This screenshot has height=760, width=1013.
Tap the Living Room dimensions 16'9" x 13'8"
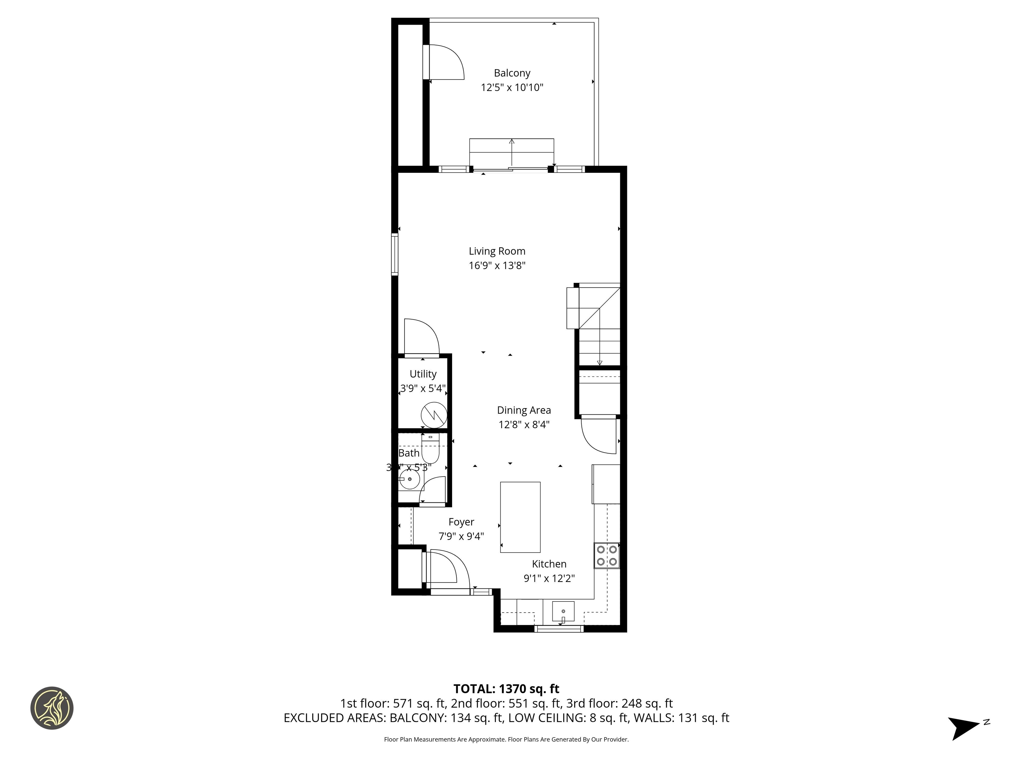(497, 266)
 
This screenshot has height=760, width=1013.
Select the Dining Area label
(524, 410)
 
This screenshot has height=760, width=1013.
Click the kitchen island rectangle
(520, 517)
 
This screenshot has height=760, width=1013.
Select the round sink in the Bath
(410, 480)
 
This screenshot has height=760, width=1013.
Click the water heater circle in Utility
(434, 415)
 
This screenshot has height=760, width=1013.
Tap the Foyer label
(461, 522)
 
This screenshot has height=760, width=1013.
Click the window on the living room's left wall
(394, 255)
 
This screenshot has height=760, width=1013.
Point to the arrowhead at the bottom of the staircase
(599, 363)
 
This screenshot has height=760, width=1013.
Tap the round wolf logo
(52, 708)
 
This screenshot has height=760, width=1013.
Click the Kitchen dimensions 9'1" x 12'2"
(549, 579)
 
